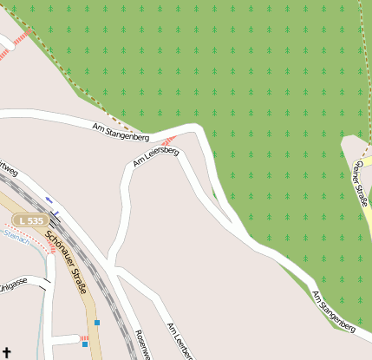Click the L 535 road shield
[31, 221]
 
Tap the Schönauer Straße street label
[66, 258]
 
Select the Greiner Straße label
[360, 183]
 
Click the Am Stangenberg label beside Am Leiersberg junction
[121, 132]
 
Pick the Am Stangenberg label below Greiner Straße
[334, 311]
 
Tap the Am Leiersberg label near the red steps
[156, 157]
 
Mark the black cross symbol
[8, 351]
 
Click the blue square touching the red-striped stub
[85, 344]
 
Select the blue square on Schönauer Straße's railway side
[97, 323]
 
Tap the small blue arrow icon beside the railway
[49, 200]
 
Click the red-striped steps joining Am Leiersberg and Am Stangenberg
[170, 140]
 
